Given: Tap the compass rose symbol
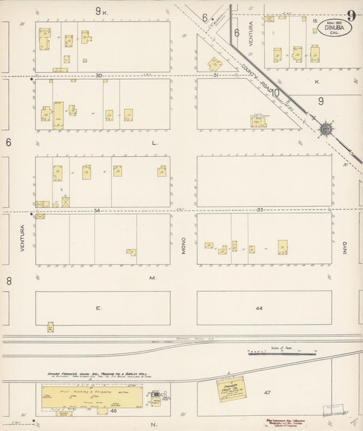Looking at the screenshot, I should point(326,128).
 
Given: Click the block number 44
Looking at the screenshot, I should point(259,309).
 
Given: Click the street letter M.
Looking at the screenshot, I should point(153,278).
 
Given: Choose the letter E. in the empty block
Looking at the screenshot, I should point(98,308).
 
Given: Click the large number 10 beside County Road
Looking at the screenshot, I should point(277,92).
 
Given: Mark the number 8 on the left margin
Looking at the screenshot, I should point(9,280).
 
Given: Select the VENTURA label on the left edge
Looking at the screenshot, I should point(22,239).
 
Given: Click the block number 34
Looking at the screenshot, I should point(97,211).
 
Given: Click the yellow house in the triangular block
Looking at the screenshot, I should point(215,64).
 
